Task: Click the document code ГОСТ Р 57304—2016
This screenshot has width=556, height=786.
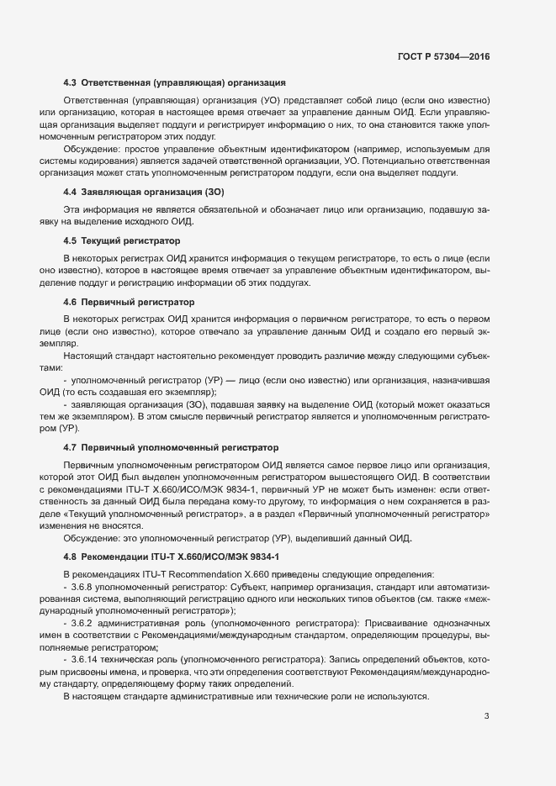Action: [442, 57]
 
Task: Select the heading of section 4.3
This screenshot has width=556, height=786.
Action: [175, 82]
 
